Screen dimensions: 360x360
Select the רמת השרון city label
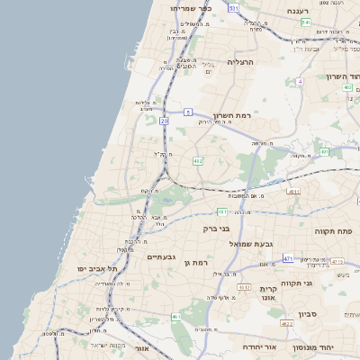[x=235, y=116]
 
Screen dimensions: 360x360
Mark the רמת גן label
[x=194, y=262]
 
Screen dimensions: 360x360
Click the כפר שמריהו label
[x=190, y=7]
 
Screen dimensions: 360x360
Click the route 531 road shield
[x=233, y=7]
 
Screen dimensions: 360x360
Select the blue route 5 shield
[x=188, y=112]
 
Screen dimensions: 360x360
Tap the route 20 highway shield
[x=164, y=121]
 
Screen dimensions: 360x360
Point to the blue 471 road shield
[x=288, y=258]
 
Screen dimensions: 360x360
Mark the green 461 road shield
[x=175, y=318]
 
